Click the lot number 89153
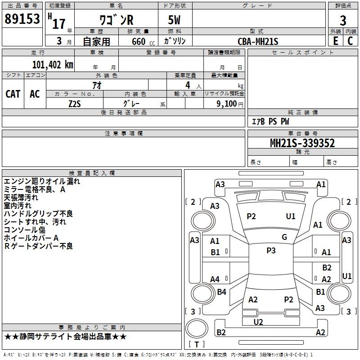pos(22,19)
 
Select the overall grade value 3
pos(343,20)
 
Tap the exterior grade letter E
pos(335,41)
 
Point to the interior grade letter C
pos(350,41)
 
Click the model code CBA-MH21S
pos(258,41)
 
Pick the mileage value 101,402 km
pos(53,65)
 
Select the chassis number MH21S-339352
pos(302,143)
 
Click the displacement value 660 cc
pos(143,42)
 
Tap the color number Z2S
pos(75,104)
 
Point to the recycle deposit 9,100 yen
pos(230,104)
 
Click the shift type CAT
pos(13,94)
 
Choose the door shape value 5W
pos(174,20)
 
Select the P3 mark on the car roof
pos(271,250)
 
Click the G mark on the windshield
pos(284,237)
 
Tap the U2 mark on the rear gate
pos(258,322)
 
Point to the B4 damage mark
pos(221,292)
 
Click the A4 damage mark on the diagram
pos(215,279)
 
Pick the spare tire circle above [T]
pos(197,328)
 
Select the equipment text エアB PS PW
pos(270,121)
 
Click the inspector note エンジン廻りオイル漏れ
pos(42,181)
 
